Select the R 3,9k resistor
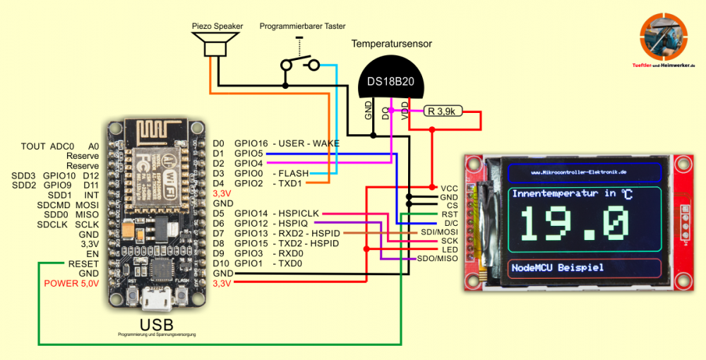(x=443, y=111)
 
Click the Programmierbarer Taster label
(x=302, y=26)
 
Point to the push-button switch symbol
(x=299, y=64)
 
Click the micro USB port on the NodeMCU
(x=155, y=299)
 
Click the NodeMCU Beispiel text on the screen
(x=558, y=268)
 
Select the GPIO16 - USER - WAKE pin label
(x=287, y=143)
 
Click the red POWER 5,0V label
(x=71, y=284)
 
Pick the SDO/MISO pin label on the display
(x=438, y=259)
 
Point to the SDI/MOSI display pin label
(x=438, y=232)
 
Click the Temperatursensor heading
(x=392, y=44)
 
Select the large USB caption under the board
(x=157, y=325)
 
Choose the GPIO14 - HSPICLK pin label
(x=276, y=213)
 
